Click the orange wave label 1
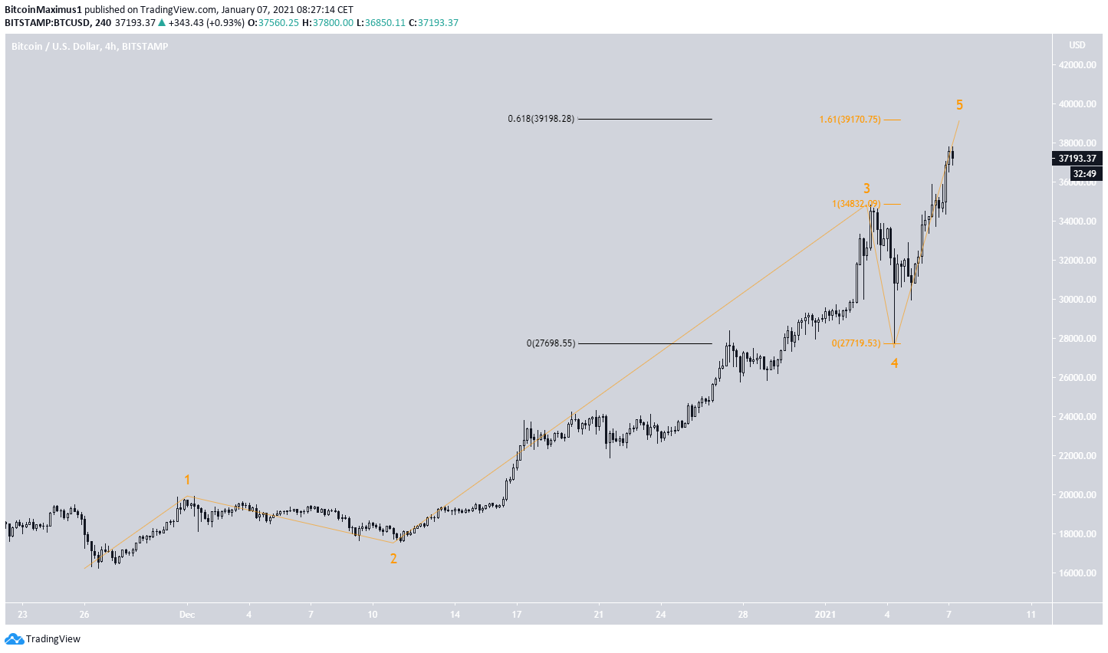pyautogui.click(x=186, y=480)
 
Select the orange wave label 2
pyautogui.click(x=393, y=559)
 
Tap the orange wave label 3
pyautogui.click(x=866, y=189)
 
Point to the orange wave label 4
pyautogui.click(x=894, y=363)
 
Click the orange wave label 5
pyautogui.click(x=959, y=105)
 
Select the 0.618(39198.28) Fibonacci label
pyautogui.click(x=541, y=119)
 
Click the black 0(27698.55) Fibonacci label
pyautogui.click(x=550, y=343)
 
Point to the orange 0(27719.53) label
pyautogui.click(x=856, y=343)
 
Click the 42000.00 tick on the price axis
pyautogui.click(x=1077, y=65)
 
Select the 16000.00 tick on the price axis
pyautogui.click(x=1077, y=573)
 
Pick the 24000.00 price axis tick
pyautogui.click(x=1077, y=417)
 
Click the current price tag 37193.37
pyautogui.click(x=1077, y=159)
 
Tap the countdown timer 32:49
pyautogui.click(x=1083, y=174)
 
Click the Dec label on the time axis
pyautogui.click(x=187, y=614)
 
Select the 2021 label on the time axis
pyautogui.click(x=825, y=614)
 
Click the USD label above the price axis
pyautogui.click(x=1077, y=45)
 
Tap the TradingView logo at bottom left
pyautogui.click(x=43, y=638)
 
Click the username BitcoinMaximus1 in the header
pyautogui.click(x=43, y=10)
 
